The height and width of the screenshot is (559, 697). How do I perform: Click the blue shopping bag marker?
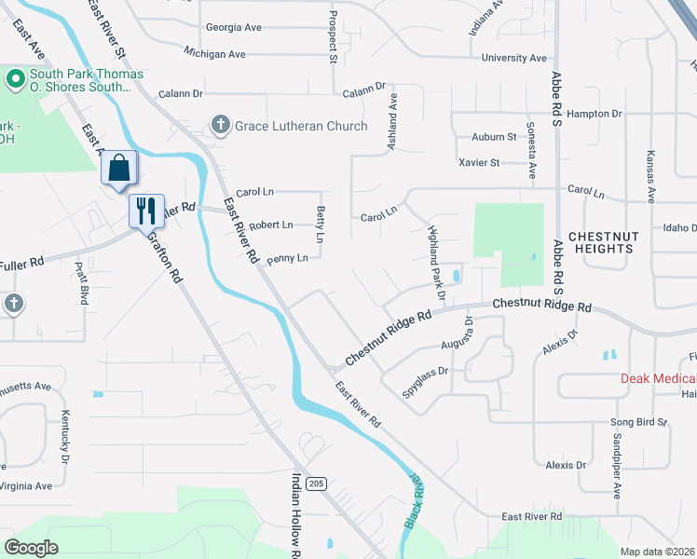(119, 169)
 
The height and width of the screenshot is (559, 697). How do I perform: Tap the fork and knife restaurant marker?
(146, 211)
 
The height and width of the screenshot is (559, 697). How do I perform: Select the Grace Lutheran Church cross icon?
(221, 125)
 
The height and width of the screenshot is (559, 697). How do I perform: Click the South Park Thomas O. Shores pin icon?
(15, 80)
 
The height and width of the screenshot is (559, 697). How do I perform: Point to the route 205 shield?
(318, 483)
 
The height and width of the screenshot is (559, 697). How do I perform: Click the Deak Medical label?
(659, 378)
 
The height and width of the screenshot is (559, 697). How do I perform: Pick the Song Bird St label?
(639, 422)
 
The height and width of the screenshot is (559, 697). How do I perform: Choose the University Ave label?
(513, 58)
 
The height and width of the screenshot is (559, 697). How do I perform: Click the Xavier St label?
(480, 162)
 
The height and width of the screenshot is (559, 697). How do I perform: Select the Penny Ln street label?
(287, 259)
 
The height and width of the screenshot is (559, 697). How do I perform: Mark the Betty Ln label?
(321, 225)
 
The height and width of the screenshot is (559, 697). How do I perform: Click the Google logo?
(31, 548)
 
